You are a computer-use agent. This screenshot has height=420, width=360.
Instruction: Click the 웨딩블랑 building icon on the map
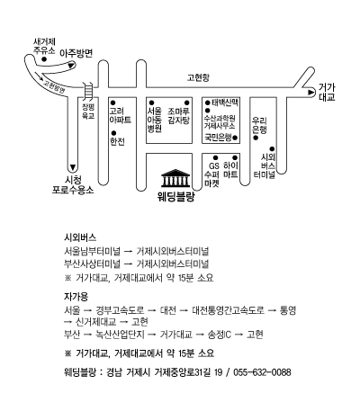[x=175, y=178]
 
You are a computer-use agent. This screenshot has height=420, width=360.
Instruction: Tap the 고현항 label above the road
[x=198, y=77]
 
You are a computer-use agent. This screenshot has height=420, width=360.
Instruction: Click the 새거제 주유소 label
[x=44, y=46]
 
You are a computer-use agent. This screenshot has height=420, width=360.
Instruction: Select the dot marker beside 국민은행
[x=235, y=138]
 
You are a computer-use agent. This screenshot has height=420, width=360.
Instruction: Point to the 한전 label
[x=117, y=142]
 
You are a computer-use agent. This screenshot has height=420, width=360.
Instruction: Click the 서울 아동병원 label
[x=155, y=120]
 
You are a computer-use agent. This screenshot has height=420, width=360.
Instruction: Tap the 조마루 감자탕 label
[x=179, y=116]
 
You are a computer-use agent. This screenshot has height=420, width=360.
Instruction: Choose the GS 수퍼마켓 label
[x=212, y=174]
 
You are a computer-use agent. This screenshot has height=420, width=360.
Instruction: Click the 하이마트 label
[x=230, y=170]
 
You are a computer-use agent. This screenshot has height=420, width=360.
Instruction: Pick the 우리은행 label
[x=259, y=125]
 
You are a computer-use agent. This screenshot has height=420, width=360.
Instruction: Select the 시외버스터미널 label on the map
[x=265, y=166]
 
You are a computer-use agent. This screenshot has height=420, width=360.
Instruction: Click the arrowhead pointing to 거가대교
[x=310, y=93]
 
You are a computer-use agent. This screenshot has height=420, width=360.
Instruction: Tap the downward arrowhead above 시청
[x=73, y=167]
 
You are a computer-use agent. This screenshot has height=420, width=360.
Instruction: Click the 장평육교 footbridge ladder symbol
[x=88, y=91]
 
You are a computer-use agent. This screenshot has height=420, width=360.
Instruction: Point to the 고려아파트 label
[x=121, y=116]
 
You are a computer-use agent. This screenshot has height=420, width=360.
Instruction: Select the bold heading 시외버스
[x=80, y=237]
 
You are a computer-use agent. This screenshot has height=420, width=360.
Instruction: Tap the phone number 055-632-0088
[x=262, y=372]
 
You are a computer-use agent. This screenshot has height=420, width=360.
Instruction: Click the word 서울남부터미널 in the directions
[x=92, y=251]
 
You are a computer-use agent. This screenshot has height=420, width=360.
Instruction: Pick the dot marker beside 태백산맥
[x=207, y=103]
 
